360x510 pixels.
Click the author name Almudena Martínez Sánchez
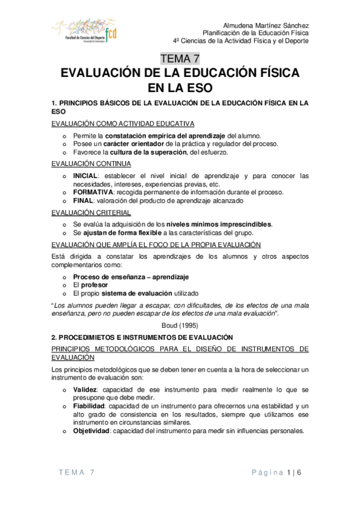266,25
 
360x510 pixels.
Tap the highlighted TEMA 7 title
180,58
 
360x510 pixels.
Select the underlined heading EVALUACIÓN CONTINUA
88,164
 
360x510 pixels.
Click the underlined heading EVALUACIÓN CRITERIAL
89,212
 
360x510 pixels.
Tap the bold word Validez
85,390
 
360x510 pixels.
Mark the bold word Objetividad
91,430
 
